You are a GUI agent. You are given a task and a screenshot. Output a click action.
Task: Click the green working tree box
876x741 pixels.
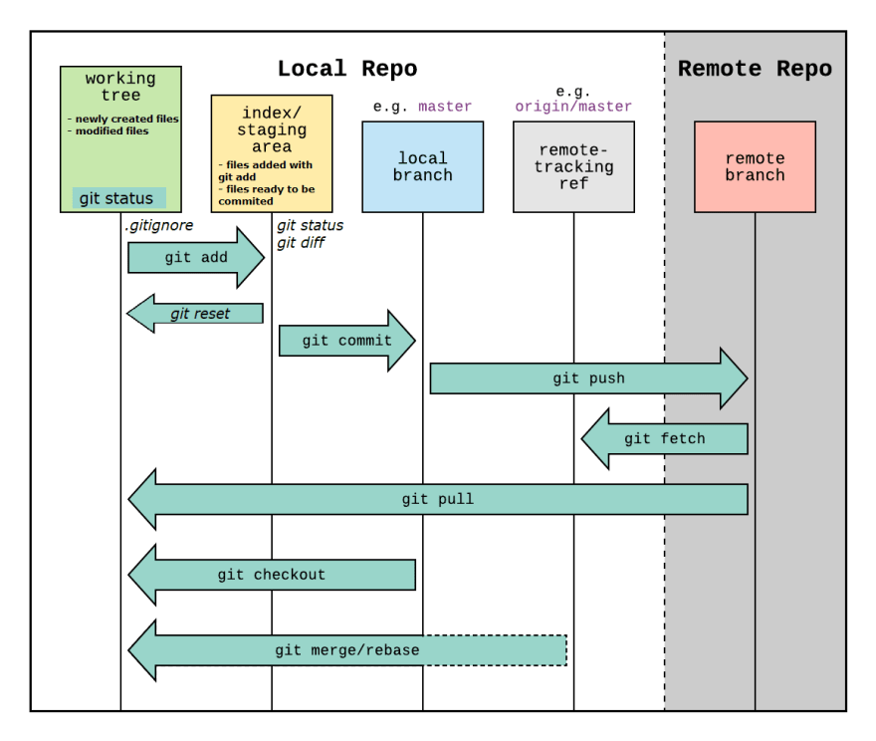[x=120, y=139]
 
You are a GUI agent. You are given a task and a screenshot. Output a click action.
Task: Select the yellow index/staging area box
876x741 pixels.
[x=272, y=153]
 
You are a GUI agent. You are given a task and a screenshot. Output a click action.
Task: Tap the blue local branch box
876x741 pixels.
[x=423, y=166]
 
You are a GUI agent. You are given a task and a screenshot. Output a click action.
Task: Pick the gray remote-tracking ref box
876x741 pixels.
[x=573, y=166]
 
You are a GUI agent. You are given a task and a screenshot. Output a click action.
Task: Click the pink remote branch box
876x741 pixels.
[x=755, y=166]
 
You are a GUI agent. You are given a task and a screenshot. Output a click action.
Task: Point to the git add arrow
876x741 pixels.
[x=196, y=258]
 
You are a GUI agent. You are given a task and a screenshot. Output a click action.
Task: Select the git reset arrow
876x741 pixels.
[x=195, y=314]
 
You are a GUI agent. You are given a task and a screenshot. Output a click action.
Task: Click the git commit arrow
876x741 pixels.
[x=347, y=341]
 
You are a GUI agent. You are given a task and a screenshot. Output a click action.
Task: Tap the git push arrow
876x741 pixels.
[x=589, y=378]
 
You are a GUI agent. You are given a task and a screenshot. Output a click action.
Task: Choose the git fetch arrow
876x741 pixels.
[x=665, y=438]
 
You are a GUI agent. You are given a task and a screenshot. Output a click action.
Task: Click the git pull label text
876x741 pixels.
[x=437, y=498]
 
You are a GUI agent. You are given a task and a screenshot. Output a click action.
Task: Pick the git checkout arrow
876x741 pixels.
[x=272, y=575]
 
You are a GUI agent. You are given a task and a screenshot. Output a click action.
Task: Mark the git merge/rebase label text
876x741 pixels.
[x=347, y=650]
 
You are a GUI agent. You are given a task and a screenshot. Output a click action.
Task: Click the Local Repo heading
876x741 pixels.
[x=347, y=69]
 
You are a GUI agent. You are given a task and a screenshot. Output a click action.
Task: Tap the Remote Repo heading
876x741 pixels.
[x=755, y=69]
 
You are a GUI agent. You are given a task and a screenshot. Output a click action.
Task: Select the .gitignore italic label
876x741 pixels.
[x=159, y=225]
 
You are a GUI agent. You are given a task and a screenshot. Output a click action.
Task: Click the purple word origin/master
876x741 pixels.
[x=573, y=107]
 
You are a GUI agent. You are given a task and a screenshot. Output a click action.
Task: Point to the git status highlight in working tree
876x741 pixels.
[x=119, y=198]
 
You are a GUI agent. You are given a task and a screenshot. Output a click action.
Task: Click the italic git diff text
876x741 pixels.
[x=301, y=243]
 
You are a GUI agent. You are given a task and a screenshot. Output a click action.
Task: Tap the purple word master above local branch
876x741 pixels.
[x=445, y=107]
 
